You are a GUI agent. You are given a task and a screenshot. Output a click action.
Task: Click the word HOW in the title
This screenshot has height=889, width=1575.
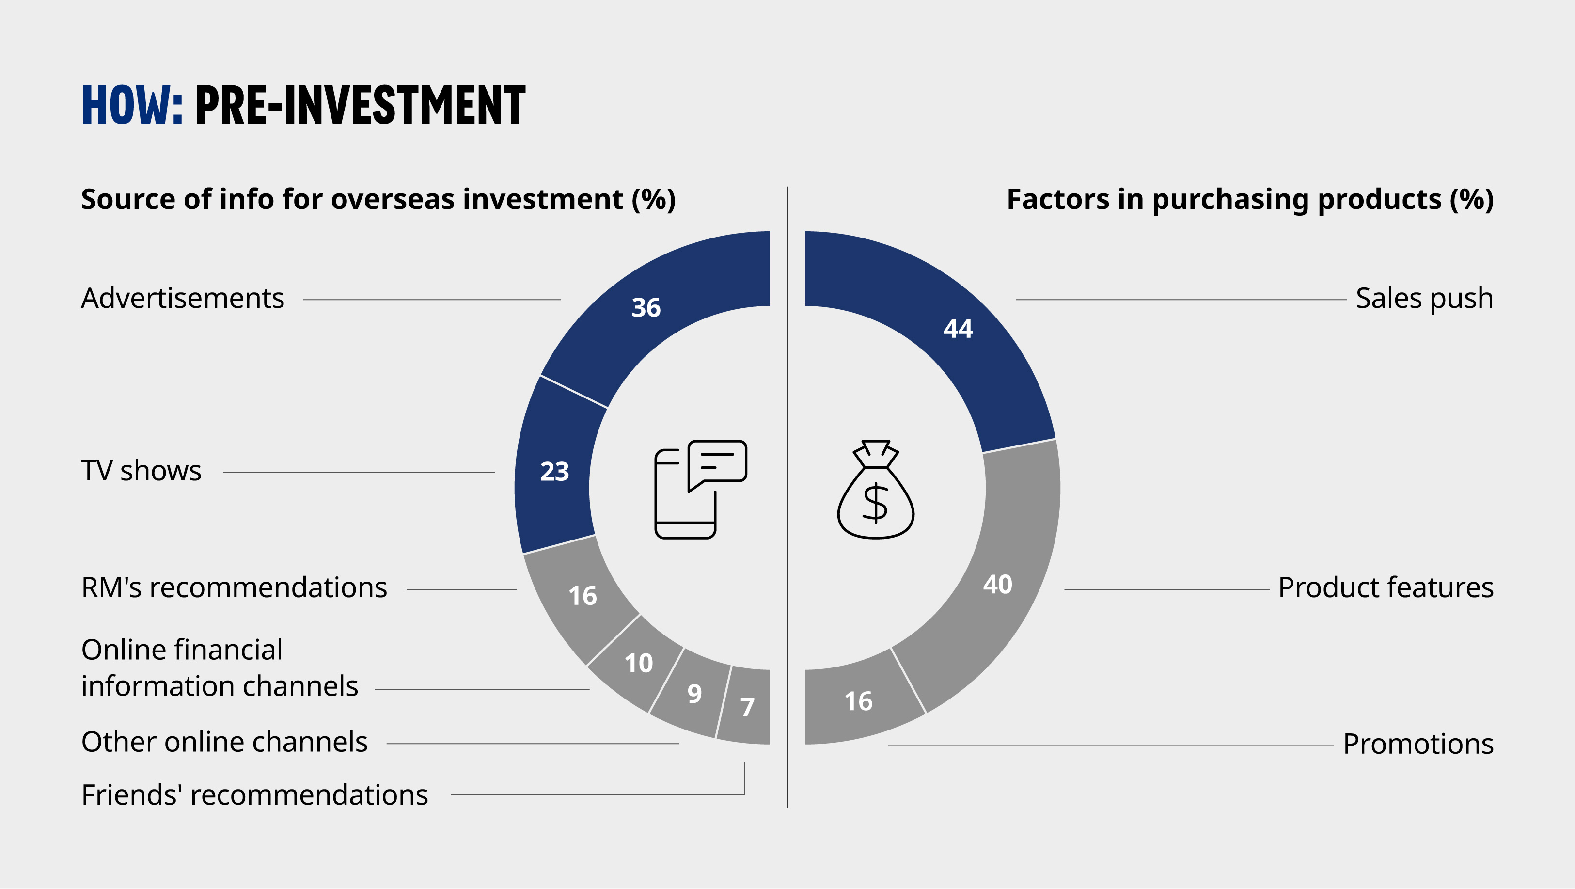point(132,105)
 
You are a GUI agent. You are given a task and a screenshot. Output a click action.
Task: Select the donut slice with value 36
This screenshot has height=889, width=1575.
point(646,307)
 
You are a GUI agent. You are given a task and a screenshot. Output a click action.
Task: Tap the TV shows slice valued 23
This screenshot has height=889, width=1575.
point(554,471)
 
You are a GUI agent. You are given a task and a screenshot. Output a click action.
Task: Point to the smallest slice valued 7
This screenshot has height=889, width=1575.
point(746,707)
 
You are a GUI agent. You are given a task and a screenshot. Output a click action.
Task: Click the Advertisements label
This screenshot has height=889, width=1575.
point(183,299)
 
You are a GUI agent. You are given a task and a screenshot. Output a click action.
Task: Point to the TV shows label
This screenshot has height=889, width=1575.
point(141,471)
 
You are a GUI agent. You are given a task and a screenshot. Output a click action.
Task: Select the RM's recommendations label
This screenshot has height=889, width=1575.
point(234,587)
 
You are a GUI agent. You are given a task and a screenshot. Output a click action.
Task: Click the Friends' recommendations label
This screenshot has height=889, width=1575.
point(255,795)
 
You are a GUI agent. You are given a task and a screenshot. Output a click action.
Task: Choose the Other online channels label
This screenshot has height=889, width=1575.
point(224,742)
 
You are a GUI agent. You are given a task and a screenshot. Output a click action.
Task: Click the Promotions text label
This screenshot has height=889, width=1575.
point(1418,744)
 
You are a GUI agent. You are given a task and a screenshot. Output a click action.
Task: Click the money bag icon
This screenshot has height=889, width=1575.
point(876,489)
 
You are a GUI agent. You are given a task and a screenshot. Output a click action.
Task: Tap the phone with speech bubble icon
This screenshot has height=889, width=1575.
point(701,489)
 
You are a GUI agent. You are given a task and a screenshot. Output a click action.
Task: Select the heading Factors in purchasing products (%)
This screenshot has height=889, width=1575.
point(1250,199)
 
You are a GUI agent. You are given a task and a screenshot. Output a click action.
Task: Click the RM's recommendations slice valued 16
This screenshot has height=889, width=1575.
point(582,596)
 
